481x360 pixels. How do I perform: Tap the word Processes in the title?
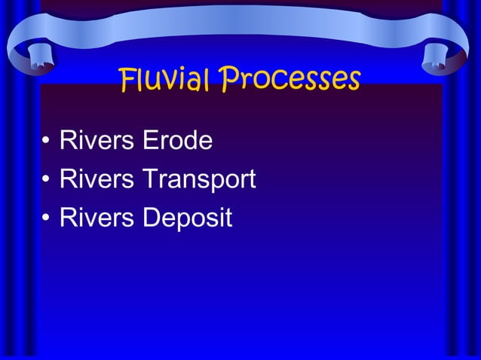(290, 78)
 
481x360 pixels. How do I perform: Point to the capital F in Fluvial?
(127, 78)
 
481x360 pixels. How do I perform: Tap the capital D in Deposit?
(149, 218)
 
